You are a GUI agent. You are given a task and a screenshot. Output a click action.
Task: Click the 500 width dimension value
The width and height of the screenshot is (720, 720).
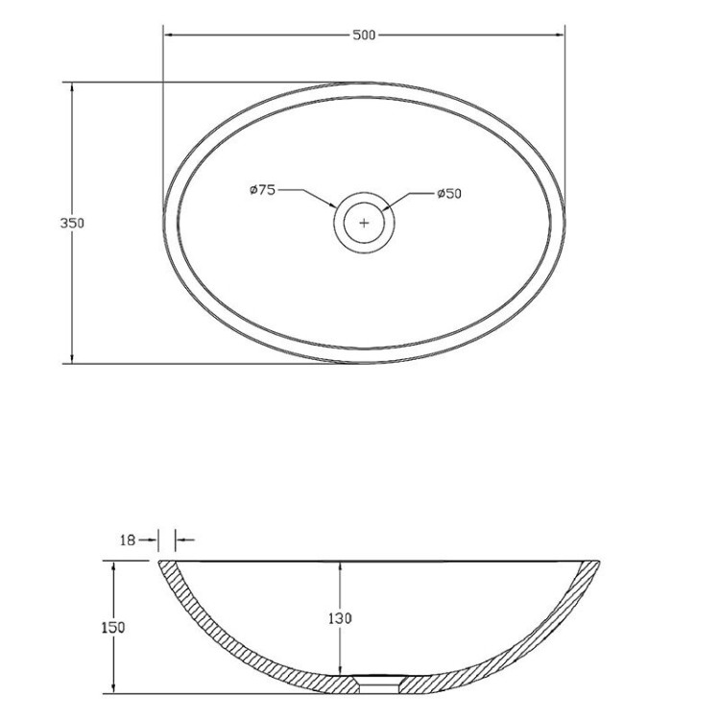364,36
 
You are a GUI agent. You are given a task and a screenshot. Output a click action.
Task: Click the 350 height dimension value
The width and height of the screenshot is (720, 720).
73,223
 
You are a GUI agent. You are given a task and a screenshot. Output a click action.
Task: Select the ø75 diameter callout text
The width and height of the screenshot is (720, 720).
262,191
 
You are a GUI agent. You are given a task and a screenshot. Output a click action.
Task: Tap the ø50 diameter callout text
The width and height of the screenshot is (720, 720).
449,194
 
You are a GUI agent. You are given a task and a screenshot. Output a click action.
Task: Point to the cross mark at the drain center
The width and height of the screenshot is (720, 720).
364,223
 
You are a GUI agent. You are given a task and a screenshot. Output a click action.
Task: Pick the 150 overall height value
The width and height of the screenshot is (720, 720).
113,627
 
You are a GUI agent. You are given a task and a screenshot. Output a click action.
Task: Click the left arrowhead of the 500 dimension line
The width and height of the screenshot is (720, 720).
168,36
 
